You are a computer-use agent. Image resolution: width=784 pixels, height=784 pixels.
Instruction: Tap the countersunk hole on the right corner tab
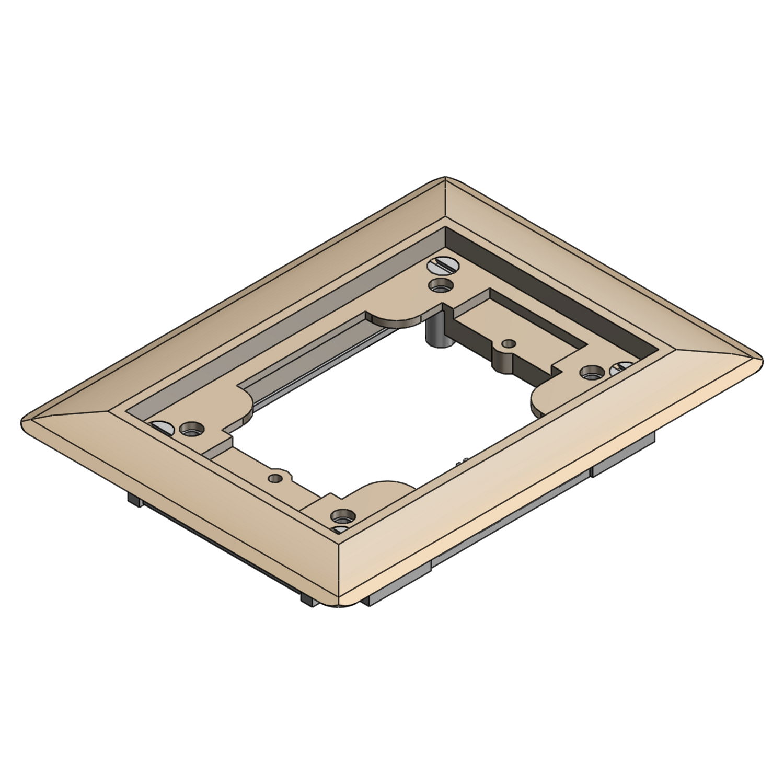[590, 372]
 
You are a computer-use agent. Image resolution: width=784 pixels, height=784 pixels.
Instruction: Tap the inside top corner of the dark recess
[445, 228]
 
